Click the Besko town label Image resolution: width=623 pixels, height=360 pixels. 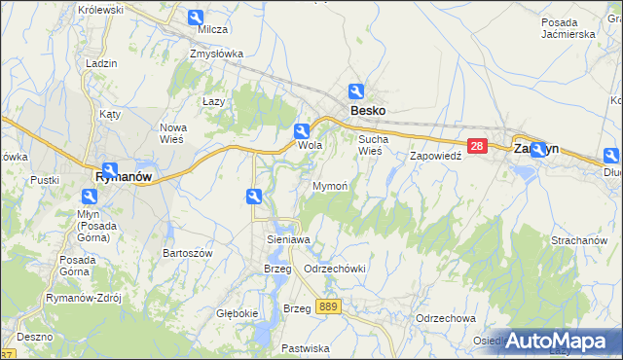[x=368, y=111]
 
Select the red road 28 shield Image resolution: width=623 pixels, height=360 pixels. [x=476, y=146]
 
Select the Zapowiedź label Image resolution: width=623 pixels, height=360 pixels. [x=434, y=156]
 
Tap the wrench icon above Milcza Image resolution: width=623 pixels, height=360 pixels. [x=196, y=18]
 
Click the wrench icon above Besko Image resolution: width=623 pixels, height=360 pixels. [x=358, y=91]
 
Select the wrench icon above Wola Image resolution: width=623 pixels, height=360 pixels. [x=303, y=130]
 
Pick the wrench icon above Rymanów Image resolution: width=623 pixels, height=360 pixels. [x=110, y=169]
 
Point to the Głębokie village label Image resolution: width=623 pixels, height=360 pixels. [x=238, y=313]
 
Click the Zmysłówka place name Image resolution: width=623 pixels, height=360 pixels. [x=216, y=54]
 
